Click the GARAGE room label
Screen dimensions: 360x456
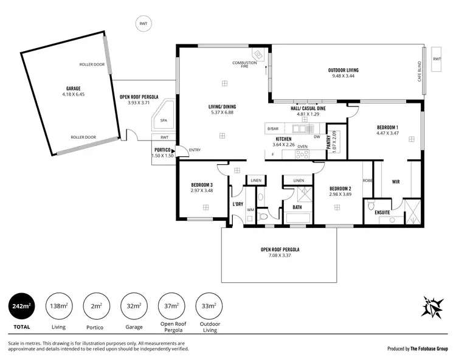73,88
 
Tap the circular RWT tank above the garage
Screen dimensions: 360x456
143,24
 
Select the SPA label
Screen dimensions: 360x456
164,120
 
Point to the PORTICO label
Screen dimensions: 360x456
162,150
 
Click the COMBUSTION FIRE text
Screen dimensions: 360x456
244,64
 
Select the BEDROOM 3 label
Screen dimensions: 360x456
201,185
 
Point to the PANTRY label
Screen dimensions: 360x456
328,141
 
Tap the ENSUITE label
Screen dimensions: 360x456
382,212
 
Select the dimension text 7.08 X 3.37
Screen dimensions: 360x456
280,255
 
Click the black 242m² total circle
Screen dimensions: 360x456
21,307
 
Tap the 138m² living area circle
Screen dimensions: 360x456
58,307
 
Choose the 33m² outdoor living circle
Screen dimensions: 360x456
209,307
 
